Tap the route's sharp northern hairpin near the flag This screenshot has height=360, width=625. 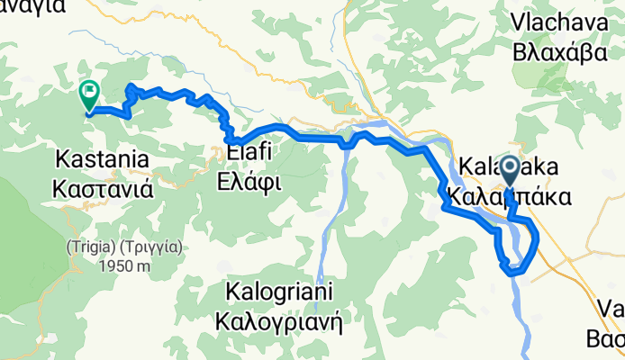(x=132, y=86)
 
